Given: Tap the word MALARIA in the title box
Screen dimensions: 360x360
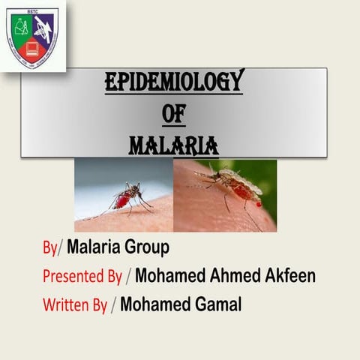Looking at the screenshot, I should [x=173, y=142].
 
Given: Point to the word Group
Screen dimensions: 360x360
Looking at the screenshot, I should [x=148, y=247].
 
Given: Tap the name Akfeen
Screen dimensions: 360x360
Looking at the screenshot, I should [x=286, y=275].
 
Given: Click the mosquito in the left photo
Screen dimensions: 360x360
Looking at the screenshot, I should [x=127, y=196].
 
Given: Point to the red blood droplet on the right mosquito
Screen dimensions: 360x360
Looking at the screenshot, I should [x=258, y=203].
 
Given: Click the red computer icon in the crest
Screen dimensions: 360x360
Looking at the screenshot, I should [x=31, y=50].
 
